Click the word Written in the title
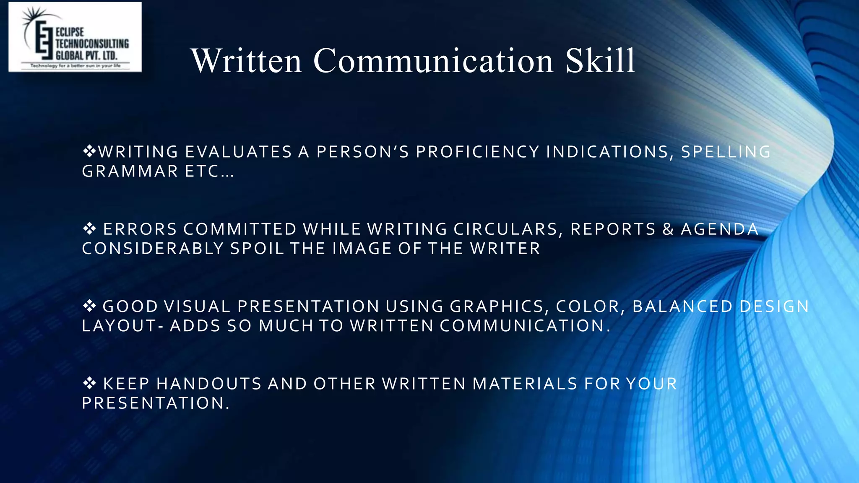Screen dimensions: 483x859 pyautogui.click(x=246, y=61)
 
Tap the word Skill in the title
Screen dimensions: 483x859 pyautogui.click(x=600, y=61)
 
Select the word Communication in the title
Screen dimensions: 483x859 pyautogui.click(x=433, y=61)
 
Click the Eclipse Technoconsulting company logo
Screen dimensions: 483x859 pyautogui.click(x=75, y=37)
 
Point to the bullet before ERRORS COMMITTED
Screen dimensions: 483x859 pyautogui.click(x=89, y=229)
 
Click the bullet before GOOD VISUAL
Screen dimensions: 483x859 pyautogui.click(x=89, y=306)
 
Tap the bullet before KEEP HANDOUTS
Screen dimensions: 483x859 pyautogui.click(x=89, y=383)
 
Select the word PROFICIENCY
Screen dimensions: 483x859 pyautogui.click(x=477, y=152)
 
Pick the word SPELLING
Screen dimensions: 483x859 pyautogui.click(x=726, y=152)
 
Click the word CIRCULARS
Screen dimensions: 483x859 pyautogui.click(x=506, y=229)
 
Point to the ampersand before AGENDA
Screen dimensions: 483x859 pyautogui.click(x=668, y=229)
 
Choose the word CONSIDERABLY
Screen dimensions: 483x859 pyautogui.click(x=153, y=249)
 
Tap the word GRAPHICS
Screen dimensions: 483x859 pyautogui.click(x=497, y=306)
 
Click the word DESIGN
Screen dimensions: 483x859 pyautogui.click(x=774, y=306)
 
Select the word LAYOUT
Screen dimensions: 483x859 pyautogui.click(x=119, y=326)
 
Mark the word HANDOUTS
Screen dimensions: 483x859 pyautogui.click(x=209, y=384)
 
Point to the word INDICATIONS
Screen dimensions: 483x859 pyautogui.click(x=607, y=152)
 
